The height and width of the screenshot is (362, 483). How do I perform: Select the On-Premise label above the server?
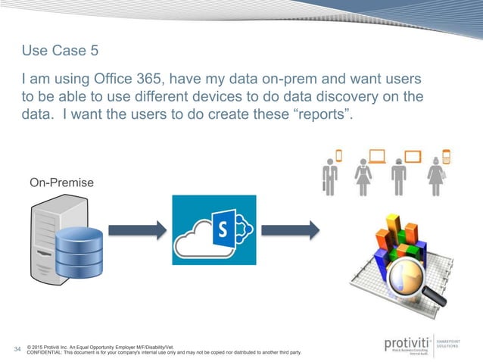pyautogui.click(x=63, y=183)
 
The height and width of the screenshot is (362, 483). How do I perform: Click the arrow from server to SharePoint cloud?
pyautogui.click(x=136, y=229)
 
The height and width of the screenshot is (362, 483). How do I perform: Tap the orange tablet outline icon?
pyautogui.click(x=413, y=157)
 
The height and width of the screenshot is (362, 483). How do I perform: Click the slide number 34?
pyautogui.click(x=18, y=349)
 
